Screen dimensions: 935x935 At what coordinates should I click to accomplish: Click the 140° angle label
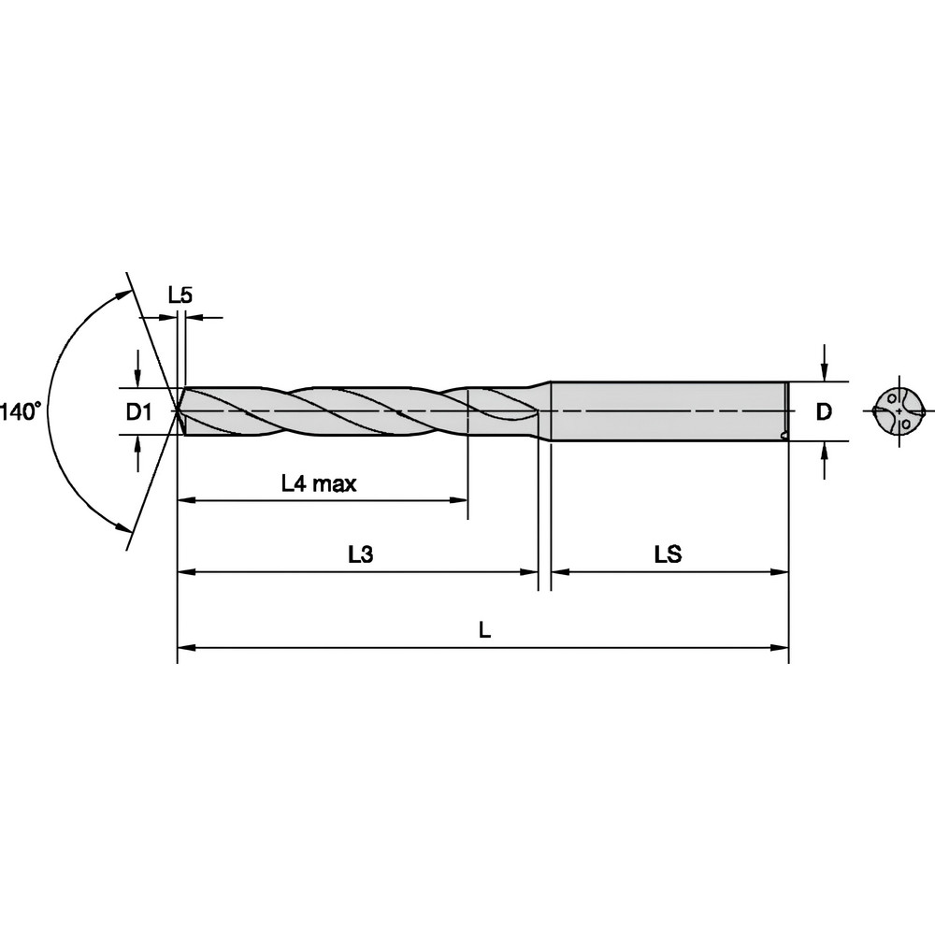[x=21, y=411]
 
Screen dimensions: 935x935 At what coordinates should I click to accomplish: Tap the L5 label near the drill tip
[x=180, y=295]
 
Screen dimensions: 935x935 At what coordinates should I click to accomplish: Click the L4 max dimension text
[x=319, y=484]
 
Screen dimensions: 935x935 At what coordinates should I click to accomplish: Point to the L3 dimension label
[x=360, y=554]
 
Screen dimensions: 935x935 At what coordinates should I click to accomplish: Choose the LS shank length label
[x=667, y=554]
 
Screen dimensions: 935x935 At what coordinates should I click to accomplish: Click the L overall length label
[x=483, y=630]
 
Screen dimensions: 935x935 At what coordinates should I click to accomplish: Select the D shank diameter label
[x=823, y=411]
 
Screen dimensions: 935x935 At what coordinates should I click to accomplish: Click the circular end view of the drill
[x=899, y=411]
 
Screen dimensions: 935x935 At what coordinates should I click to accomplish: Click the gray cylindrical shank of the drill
[x=669, y=411]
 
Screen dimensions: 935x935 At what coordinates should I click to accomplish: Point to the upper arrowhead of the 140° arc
[x=122, y=295]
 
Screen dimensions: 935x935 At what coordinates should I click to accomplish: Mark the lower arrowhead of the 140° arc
[x=122, y=528]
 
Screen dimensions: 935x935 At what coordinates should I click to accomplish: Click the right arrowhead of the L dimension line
[x=782, y=646]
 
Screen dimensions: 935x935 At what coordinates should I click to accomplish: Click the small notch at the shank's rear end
[x=783, y=435]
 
